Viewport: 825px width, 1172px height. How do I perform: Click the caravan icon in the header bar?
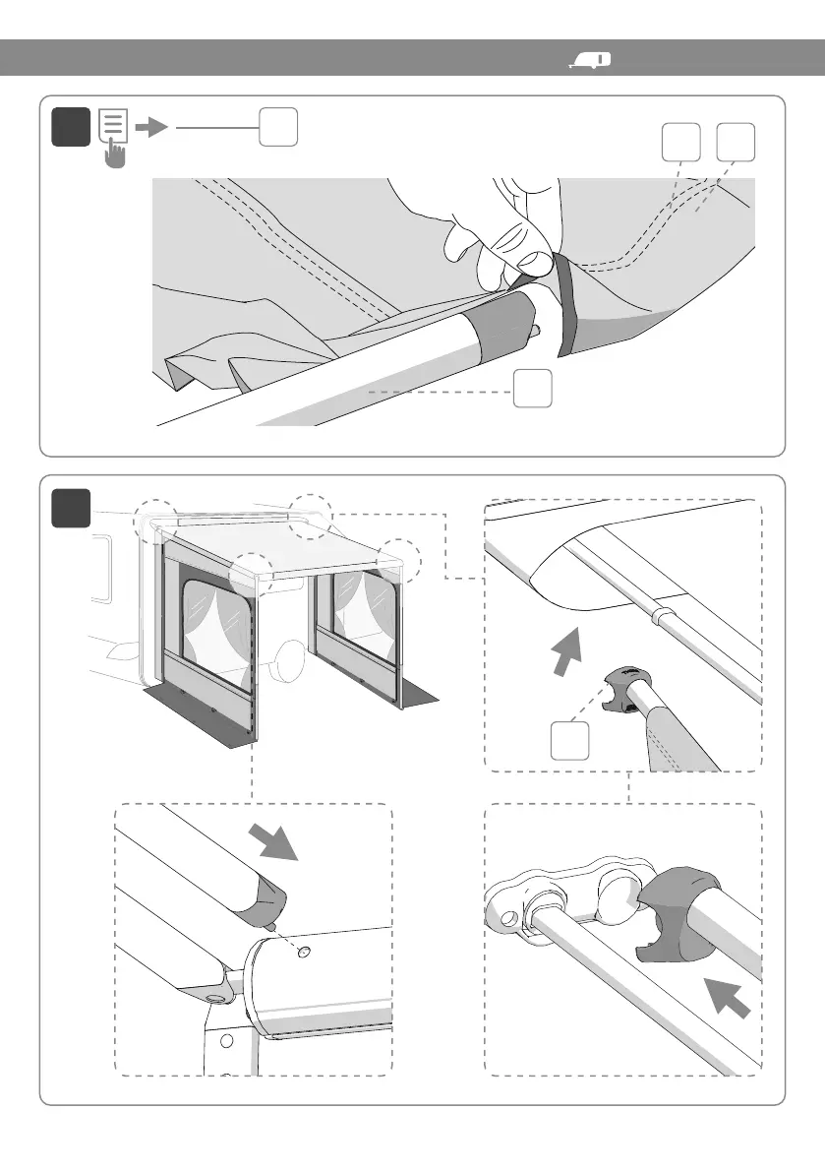[x=589, y=61]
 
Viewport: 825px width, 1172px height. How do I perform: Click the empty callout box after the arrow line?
[x=278, y=127]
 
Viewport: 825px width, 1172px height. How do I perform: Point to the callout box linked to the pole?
[x=532, y=390]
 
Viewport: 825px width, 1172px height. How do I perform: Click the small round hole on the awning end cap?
[x=303, y=951]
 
